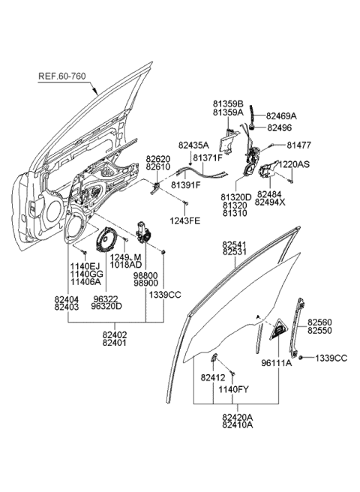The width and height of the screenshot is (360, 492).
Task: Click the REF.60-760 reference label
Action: pos(65,76)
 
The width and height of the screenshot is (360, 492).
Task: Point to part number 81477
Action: pos(299,145)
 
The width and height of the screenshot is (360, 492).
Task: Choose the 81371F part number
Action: pos(209,158)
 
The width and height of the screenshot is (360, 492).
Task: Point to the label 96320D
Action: pos(106,306)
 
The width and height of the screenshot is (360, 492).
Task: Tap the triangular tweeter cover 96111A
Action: pos(280,328)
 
